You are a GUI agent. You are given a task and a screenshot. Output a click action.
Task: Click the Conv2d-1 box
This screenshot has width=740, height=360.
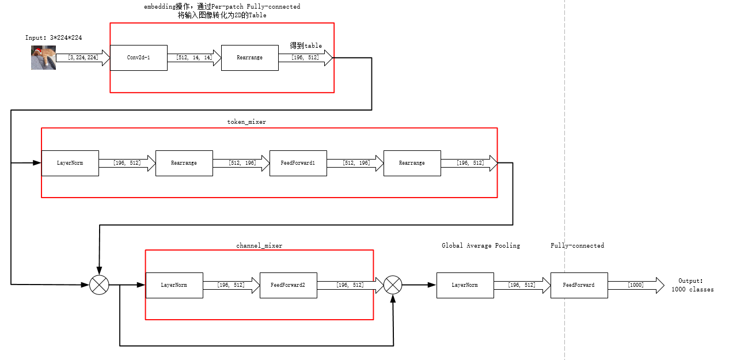point(138,58)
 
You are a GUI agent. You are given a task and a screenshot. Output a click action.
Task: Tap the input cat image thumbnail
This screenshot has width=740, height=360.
point(43,58)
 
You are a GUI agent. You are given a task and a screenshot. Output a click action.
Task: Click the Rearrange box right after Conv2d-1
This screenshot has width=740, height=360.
point(249,58)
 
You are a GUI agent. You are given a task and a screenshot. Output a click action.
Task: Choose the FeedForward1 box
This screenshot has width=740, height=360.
point(298,163)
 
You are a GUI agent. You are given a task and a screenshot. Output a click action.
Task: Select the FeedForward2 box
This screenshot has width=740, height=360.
point(288,285)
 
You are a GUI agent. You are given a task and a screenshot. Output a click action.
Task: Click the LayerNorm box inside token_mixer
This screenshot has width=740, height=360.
point(70,163)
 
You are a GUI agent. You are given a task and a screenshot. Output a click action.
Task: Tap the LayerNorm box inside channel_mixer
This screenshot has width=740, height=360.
point(174,285)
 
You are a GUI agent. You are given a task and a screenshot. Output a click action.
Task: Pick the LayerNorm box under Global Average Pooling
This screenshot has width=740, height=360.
point(465,285)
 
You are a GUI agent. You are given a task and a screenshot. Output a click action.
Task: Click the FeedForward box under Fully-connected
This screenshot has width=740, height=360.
point(579,285)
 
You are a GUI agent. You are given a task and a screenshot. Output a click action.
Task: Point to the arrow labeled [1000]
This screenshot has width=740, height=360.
point(636,285)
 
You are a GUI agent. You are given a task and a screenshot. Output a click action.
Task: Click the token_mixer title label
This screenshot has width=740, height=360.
point(246,122)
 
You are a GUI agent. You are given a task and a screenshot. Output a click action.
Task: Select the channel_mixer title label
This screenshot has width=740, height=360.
point(259,245)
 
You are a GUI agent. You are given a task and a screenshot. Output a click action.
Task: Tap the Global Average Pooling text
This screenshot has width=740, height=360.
point(480,245)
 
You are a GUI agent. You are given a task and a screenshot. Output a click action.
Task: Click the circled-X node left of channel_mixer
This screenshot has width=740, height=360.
point(99,285)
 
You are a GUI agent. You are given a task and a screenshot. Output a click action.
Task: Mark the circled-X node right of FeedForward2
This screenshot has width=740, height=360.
point(393,285)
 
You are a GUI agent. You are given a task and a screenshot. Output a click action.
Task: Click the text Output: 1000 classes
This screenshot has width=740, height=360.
point(692,285)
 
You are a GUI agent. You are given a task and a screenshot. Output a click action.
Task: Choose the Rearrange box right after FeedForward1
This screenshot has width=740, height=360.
point(412,163)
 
